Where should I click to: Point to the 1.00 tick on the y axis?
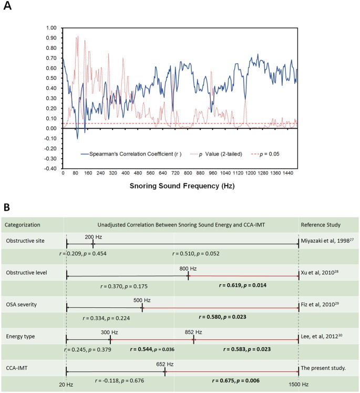pos(50,27)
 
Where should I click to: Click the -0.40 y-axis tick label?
pos(50,169)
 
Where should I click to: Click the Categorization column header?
pos(23,224)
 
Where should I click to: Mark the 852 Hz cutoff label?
pos(194,332)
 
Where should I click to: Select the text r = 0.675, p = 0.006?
pos(236,379)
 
